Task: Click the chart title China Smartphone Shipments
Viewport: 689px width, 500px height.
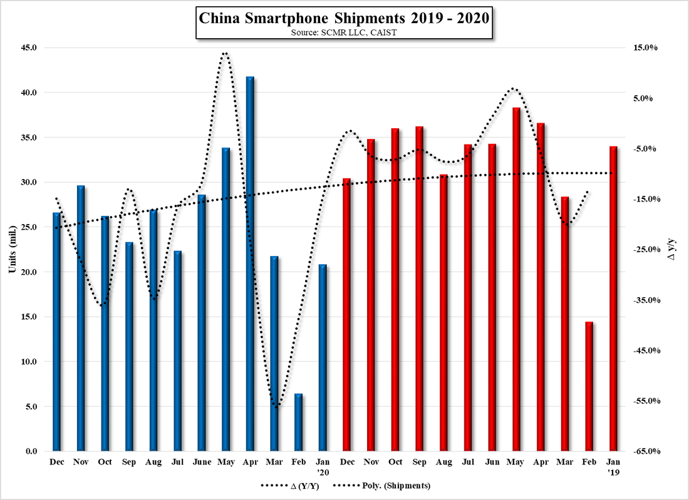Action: (x=343, y=18)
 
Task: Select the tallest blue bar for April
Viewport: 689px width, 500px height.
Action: (x=250, y=263)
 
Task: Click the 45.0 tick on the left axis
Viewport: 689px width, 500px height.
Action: (x=29, y=48)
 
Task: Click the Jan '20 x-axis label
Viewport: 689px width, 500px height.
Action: (x=323, y=467)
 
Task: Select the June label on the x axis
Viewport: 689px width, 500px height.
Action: (x=202, y=462)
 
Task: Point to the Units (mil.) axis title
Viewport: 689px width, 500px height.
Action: (x=11, y=249)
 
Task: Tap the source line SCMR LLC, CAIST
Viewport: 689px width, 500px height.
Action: (x=343, y=32)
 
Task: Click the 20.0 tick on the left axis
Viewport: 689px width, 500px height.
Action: (x=29, y=272)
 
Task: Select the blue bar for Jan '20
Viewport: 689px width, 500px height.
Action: (x=323, y=357)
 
